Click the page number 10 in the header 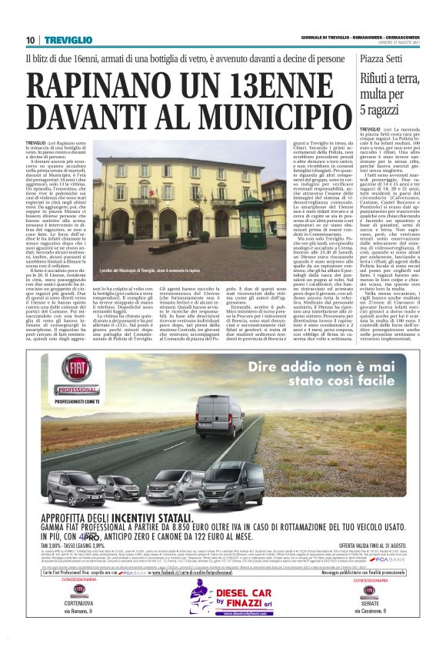30,40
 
